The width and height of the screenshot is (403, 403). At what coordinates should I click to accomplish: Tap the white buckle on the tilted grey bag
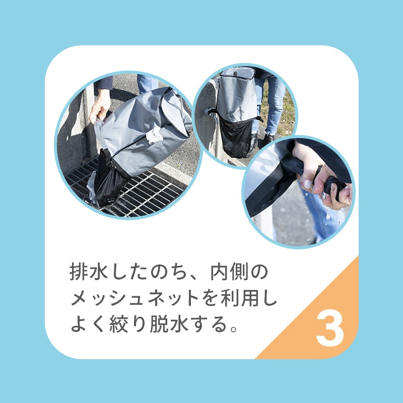[x=154, y=135]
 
